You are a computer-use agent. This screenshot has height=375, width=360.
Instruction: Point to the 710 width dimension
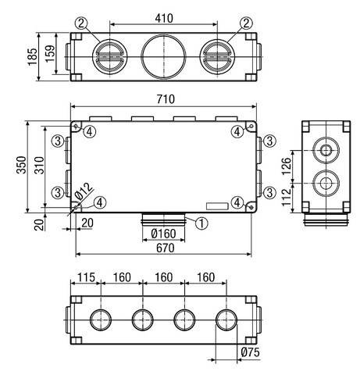[x=164, y=98]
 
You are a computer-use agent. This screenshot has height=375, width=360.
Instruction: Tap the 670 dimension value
[x=164, y=249]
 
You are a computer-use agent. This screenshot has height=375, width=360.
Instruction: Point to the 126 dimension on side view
[x=287, y=166]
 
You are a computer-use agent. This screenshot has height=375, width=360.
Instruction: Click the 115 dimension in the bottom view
[x=85, y=277]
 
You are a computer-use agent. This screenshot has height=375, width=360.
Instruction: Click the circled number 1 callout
[x=201, y=222]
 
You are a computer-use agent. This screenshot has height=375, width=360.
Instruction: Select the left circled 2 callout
[x=93, y=23]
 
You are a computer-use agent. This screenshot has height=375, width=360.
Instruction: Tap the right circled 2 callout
[x=246, y=23]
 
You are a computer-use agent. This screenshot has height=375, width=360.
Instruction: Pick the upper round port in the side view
[x=323, y=148]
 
